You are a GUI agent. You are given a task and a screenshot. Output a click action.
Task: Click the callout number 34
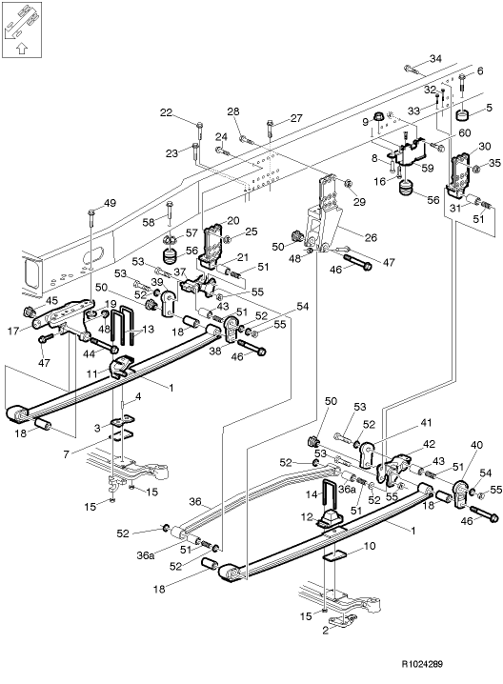tap(435, 59)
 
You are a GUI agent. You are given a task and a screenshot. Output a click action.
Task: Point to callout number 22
tap(166, 113)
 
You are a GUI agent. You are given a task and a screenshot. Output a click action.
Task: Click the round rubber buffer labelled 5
tap(462, 116)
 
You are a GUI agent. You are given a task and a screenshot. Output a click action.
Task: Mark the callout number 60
tap(438, 133)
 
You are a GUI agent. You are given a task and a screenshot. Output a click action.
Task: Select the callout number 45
tap(50, 300)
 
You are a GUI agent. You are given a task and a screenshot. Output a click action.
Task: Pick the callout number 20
tap(233, 221)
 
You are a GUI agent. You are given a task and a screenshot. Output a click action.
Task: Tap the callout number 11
tap(93, 377)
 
